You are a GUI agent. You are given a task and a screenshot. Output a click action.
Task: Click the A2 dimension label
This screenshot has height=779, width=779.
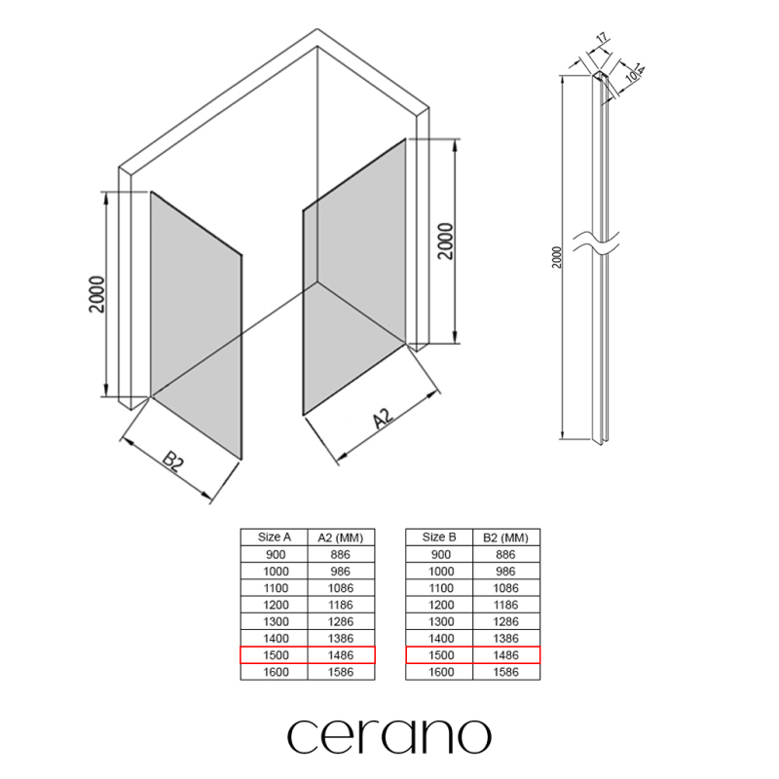click(383, 418)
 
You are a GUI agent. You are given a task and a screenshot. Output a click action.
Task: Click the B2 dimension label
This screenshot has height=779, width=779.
click(173, 462)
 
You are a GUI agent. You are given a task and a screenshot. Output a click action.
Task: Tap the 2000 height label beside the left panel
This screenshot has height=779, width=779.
click(97, 294)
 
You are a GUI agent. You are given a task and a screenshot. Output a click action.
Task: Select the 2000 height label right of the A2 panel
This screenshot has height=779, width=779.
click(446, 241)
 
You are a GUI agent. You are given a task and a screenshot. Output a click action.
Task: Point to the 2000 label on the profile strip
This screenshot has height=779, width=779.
click(556, 257)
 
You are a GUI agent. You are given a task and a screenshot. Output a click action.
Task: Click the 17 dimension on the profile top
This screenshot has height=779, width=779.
click(601, 38)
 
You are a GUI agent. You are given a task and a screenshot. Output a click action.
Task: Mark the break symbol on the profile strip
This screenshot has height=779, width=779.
click(596, 241)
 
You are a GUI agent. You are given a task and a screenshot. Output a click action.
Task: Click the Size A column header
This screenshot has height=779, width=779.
click(275, 538)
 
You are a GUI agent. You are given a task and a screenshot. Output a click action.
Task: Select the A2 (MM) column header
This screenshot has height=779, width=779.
click(341, 538)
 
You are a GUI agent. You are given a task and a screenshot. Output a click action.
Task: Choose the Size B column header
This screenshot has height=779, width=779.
click(439, 538)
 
